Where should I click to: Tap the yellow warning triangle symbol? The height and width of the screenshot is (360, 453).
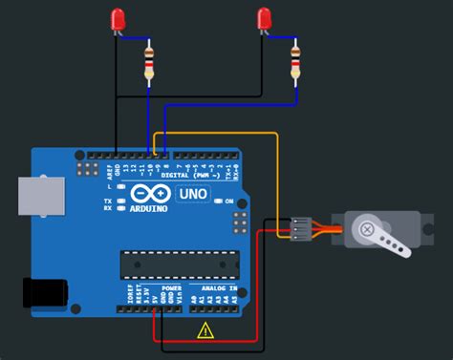click(205, 331)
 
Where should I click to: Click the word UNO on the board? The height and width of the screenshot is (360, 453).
click(194, 195)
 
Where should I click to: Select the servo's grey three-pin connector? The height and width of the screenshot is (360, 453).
click(300, 228)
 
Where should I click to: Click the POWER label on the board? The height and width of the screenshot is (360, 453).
click(171, 286)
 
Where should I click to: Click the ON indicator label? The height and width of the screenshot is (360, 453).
click(229, 201)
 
